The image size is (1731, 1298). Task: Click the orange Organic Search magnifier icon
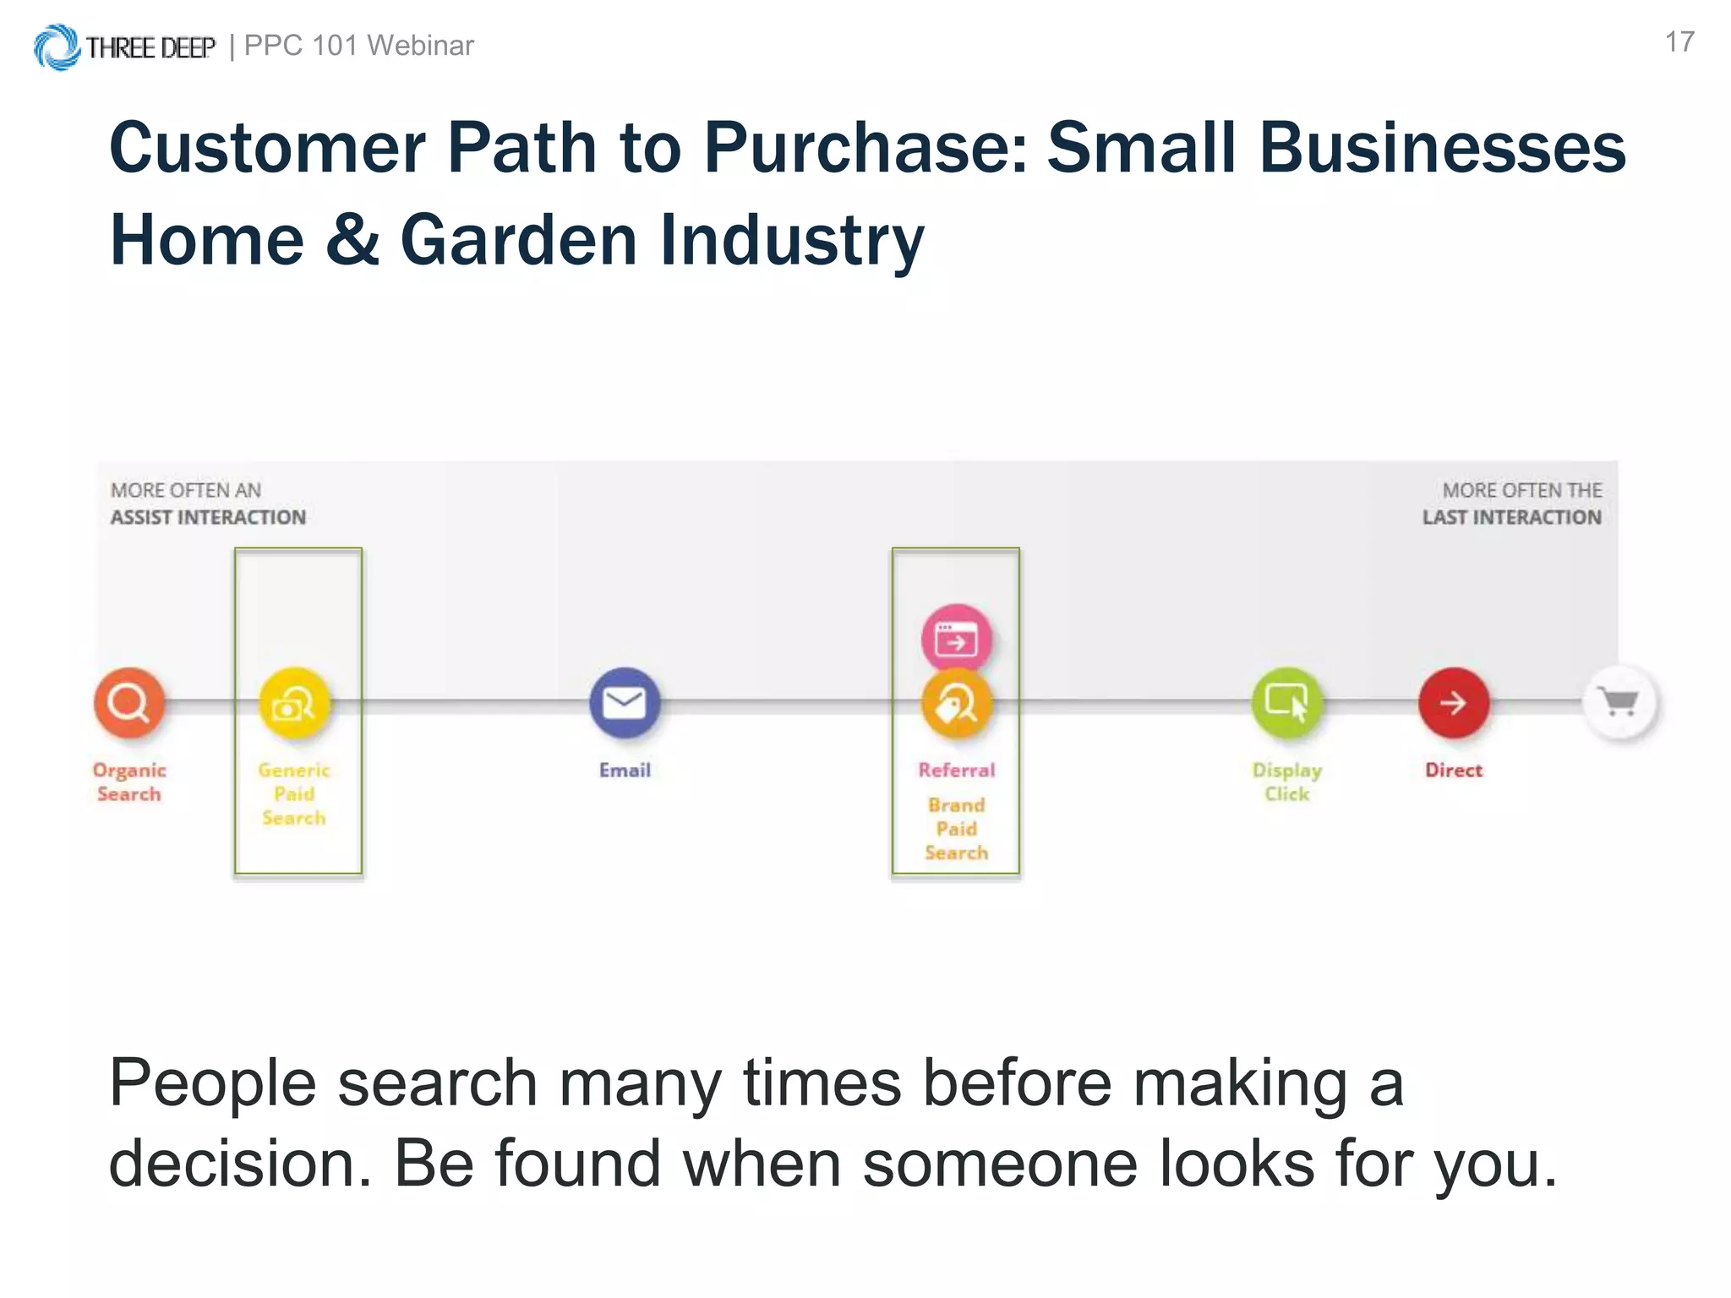[128, 702]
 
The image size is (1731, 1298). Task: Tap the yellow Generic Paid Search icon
[294, 703]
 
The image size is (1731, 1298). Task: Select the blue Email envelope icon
[625, 702]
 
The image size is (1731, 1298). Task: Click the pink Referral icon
[956, 639]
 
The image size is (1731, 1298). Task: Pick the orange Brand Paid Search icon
[956, 705]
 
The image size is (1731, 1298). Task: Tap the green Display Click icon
[1286, 702]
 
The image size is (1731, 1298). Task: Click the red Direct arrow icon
[1453, 702]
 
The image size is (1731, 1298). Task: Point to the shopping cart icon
[1619, 702]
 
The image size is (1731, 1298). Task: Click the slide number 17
[1679, 42]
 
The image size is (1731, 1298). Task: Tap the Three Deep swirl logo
[57, 47]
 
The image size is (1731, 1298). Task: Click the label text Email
[625, 770]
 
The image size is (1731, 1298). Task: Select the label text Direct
[1453, 770]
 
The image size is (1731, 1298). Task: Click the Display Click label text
[1286, 782]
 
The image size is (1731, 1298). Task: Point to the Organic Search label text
[128, 782]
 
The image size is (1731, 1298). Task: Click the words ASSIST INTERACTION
[208, 517]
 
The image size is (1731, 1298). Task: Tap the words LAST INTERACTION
[1511, 517]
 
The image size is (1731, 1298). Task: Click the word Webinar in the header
[420, 46]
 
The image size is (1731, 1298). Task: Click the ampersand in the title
[352, 240]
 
